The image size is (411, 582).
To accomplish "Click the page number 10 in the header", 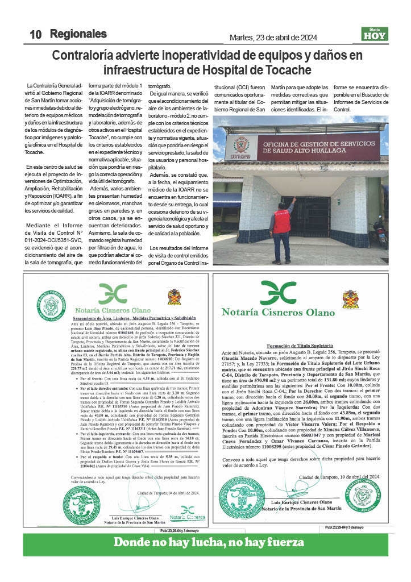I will (36, 34).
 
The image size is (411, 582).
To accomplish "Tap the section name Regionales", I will (78, 34).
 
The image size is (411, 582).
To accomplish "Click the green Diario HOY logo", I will (375, 34).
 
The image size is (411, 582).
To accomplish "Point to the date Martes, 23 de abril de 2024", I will (273, 38).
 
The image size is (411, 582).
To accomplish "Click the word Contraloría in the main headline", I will (88, 56).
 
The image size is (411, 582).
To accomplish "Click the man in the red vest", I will (281, 219).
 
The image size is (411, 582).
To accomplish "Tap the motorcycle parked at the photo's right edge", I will (380, 230).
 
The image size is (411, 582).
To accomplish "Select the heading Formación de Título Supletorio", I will (298, 344).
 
